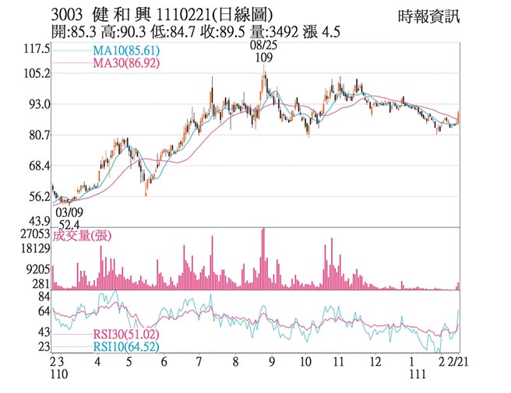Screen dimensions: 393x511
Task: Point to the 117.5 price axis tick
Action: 37,49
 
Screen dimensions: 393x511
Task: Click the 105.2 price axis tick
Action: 37,74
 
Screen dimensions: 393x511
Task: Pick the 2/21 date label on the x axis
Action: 458,363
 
